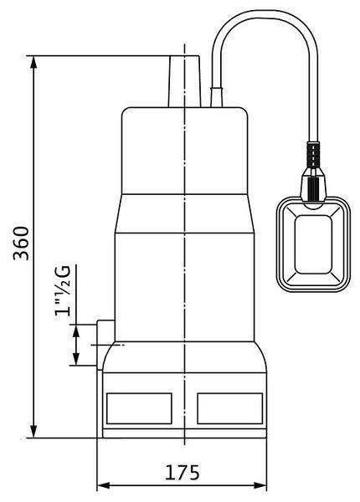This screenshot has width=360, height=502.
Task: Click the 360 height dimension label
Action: pyautogui.click(x=21, y=243)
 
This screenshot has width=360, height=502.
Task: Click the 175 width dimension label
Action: pyautogui.click(x=182, y=473)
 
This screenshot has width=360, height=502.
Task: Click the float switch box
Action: pyautogui.click(x=313, y=244)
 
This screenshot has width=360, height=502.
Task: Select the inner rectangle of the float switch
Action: pyautogui.click(x=313, y=244)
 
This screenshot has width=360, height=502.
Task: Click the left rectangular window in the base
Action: pyautogui.click(x=139, y=408)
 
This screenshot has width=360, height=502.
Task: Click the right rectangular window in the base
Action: pyautogui.click(x=230, y=408)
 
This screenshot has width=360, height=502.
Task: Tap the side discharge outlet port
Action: pyautogui.click(x=105, y=345)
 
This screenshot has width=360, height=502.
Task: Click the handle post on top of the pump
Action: pyautogui.click(x=184, y=81)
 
